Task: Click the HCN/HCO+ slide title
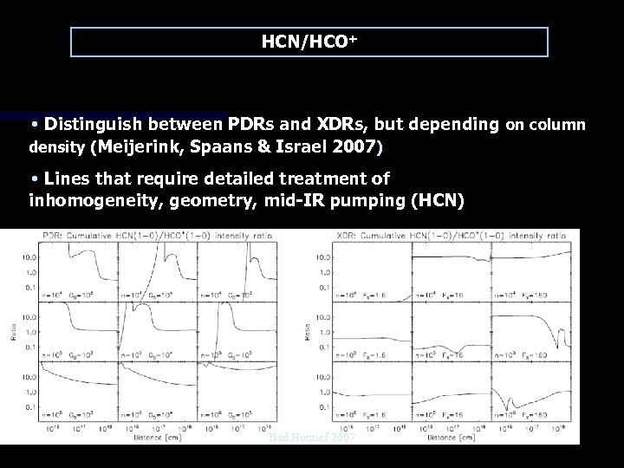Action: click(309, 41)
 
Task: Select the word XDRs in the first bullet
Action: click(343, 125)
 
